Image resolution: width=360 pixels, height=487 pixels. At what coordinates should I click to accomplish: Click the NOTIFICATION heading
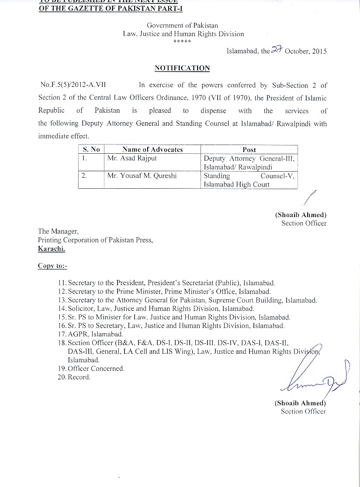tap(182, 68)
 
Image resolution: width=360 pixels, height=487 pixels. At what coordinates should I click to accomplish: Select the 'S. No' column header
tap(92, 149)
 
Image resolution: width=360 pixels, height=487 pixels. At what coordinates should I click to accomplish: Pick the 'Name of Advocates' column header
tap(152, 149)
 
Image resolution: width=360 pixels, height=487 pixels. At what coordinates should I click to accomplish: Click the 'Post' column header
tap(249, 149)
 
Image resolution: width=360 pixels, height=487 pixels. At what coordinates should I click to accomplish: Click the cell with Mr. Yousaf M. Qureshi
tap(135, 176)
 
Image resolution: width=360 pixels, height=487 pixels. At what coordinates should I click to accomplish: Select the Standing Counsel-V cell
tap(249, 180)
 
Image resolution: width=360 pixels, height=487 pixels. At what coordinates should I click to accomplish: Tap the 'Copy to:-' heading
tap(52, 266)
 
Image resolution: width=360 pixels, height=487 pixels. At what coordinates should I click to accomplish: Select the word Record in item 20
tap(79, 377)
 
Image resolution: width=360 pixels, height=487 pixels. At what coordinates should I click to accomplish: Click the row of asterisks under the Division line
tap(182, 41)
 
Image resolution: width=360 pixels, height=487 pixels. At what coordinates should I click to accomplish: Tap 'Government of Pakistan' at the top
tap(182, 26)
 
